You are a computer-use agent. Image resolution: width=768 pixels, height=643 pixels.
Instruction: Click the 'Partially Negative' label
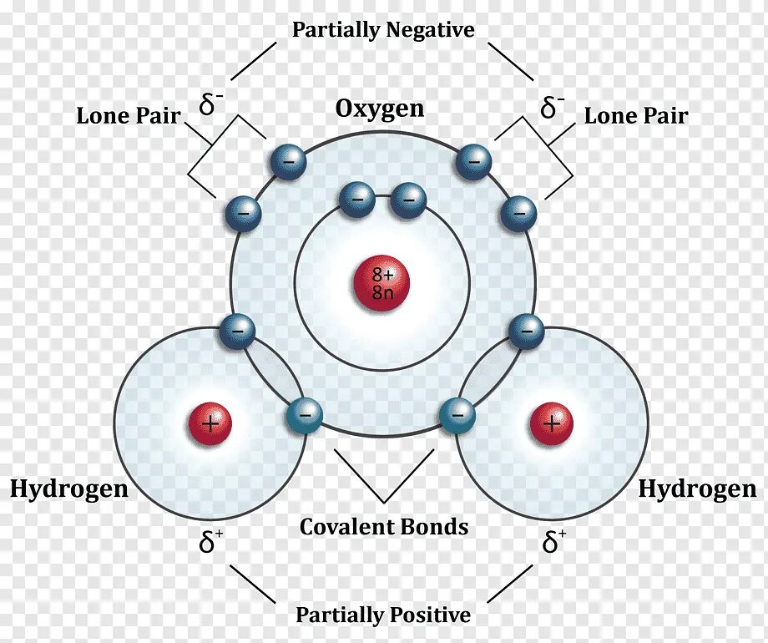click(x=383, y=30)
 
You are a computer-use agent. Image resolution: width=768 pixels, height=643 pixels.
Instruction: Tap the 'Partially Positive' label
click(x=383, y=615)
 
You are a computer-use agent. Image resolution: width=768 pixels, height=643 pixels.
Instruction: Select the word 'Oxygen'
click(x=380, y=109)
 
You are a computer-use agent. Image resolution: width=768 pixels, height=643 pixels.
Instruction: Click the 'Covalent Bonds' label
click(x=384, y=527)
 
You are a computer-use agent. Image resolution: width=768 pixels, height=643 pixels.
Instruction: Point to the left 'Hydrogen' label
click(x=69, y=489)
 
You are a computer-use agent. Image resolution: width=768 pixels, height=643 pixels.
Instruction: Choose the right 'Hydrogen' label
click(x=697, y=489)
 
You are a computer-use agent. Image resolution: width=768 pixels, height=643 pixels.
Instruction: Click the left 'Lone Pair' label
click(x=129, y=115)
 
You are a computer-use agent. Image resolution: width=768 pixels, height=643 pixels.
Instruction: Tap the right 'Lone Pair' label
click(x=636, y=115)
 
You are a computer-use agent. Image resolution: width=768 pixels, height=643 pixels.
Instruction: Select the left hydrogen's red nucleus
click(x=209, y=424)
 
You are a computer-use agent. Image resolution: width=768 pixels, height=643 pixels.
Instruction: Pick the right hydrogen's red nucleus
click(x=551, y=424)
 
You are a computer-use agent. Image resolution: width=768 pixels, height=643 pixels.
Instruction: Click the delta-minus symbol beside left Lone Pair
click(x=211, y=104)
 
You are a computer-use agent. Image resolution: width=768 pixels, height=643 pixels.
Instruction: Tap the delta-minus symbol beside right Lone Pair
click(x=553, y=106)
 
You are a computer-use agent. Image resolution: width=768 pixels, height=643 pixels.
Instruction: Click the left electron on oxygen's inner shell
click(x=356, y=199)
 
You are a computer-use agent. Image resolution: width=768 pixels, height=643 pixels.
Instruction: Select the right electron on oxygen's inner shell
click(x=408, y=199)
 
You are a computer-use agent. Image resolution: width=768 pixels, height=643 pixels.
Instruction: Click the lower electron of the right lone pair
click(x=518, y=214)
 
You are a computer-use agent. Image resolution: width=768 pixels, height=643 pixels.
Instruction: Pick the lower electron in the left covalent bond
click(x=303, y=415)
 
